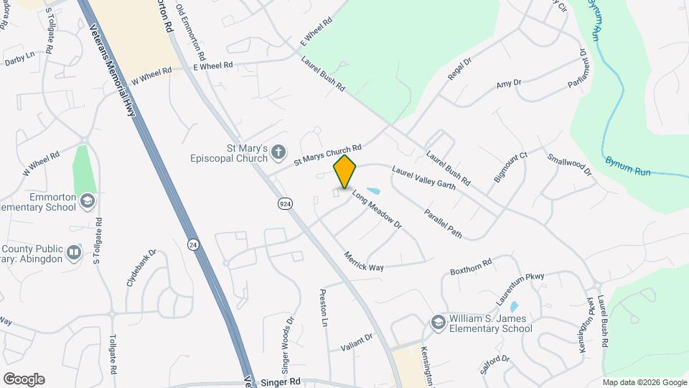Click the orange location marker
point(345,171)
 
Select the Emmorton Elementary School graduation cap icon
point(88,200)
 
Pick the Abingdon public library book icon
point(74,252)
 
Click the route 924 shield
point(285,204)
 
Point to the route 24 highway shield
point(192,244)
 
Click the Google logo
point(24,379)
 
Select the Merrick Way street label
point(363,262)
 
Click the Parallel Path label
point(443,223)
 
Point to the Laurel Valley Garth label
point(423,178)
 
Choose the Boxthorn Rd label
point(471,267)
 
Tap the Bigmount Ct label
point(510,167)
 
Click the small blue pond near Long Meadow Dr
point(372,191)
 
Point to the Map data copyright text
point(645,382)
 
